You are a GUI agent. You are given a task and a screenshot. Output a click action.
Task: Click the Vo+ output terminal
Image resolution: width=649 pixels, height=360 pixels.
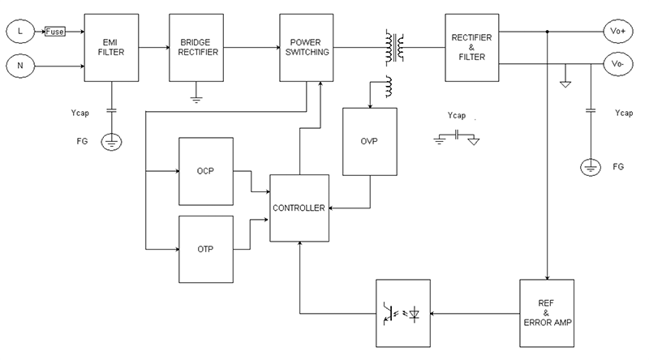pyautogui.click(x=618, y=31)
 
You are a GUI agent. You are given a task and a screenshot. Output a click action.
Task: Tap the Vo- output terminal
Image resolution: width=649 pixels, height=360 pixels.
pyautogui.click(x=618, y=63)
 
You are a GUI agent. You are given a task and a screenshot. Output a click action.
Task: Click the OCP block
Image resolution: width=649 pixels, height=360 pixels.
pyautogui.click(x=205, y=172)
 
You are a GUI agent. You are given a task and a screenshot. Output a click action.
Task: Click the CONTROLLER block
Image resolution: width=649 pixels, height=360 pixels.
pyautogui.click(x=299, y=208)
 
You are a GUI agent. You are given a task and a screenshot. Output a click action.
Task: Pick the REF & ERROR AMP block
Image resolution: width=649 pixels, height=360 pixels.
pyautogui.click(x=547, y=313)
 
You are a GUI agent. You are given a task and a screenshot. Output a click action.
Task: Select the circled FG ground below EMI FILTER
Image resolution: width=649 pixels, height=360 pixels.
pyautogui.click(x=111, y=143)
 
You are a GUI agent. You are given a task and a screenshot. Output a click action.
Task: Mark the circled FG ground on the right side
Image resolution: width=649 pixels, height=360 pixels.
pyautogui.click(x=590, y=168)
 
